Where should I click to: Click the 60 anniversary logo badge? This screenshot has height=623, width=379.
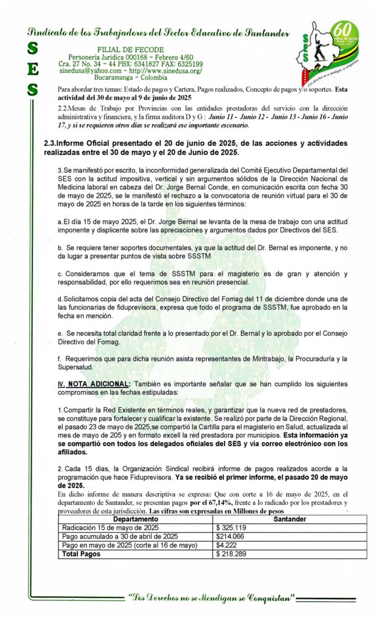pos(344,38)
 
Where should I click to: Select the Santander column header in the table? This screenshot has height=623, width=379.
pos(290,519)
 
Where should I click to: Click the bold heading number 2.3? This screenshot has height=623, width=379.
pos(50,143)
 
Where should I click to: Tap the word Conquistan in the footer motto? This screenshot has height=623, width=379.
pos(265,598)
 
